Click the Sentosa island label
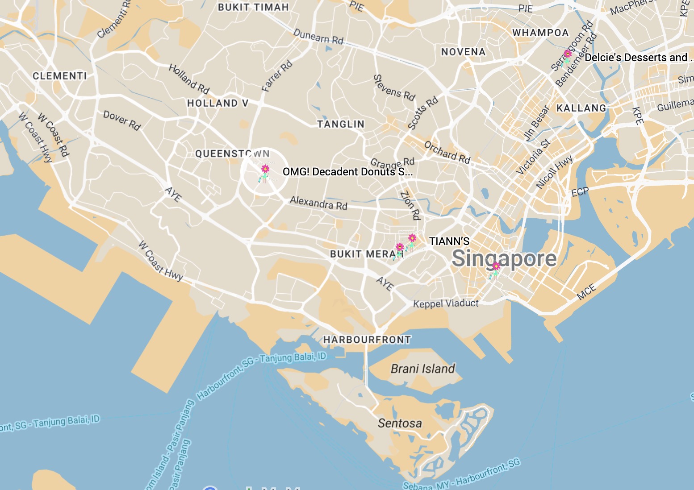pos(400,423)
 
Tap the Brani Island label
pos(422,369)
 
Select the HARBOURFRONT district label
pos(367,340)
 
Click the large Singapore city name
pos(504,259)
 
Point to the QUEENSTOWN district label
pos(232,154)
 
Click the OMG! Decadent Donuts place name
pos(347,172)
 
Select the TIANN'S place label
pos(449,241)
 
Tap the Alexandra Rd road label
pos(318,203)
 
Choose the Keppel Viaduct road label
pos(446,303)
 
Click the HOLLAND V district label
pos(217,103)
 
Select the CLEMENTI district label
pos(60,76)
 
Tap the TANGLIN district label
pos(341,124)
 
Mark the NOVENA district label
pos(463,52)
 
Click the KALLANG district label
pos(581,108)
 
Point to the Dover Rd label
pos(122,120)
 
